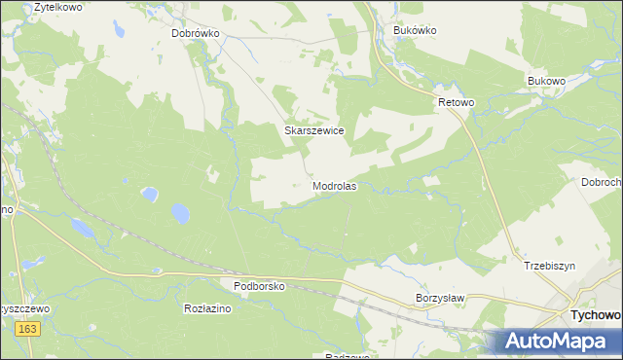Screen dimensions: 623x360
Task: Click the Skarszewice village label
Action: [x=313, y=129]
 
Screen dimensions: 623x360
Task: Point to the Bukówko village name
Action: [x=415, y=30]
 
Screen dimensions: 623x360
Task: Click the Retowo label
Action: [x=455, y=100]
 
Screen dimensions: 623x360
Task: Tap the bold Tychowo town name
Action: [x=595, y=316]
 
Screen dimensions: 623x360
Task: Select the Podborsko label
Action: [x=258, y=286]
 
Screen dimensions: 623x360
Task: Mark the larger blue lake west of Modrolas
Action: [x=181, y=212]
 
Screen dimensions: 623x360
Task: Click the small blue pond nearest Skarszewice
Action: [x=149, y=194]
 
